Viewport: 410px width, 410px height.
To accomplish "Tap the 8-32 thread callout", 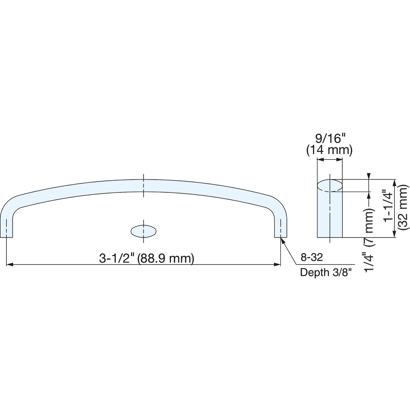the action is [x=312, y=258].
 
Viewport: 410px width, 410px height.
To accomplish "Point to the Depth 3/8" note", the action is [x=325, y=272].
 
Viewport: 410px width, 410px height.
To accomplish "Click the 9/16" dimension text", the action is [x=330, y=139].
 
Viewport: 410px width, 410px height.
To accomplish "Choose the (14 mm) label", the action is [x=329, y=150].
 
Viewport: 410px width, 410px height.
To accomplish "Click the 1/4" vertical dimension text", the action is [x=369, y=262].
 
